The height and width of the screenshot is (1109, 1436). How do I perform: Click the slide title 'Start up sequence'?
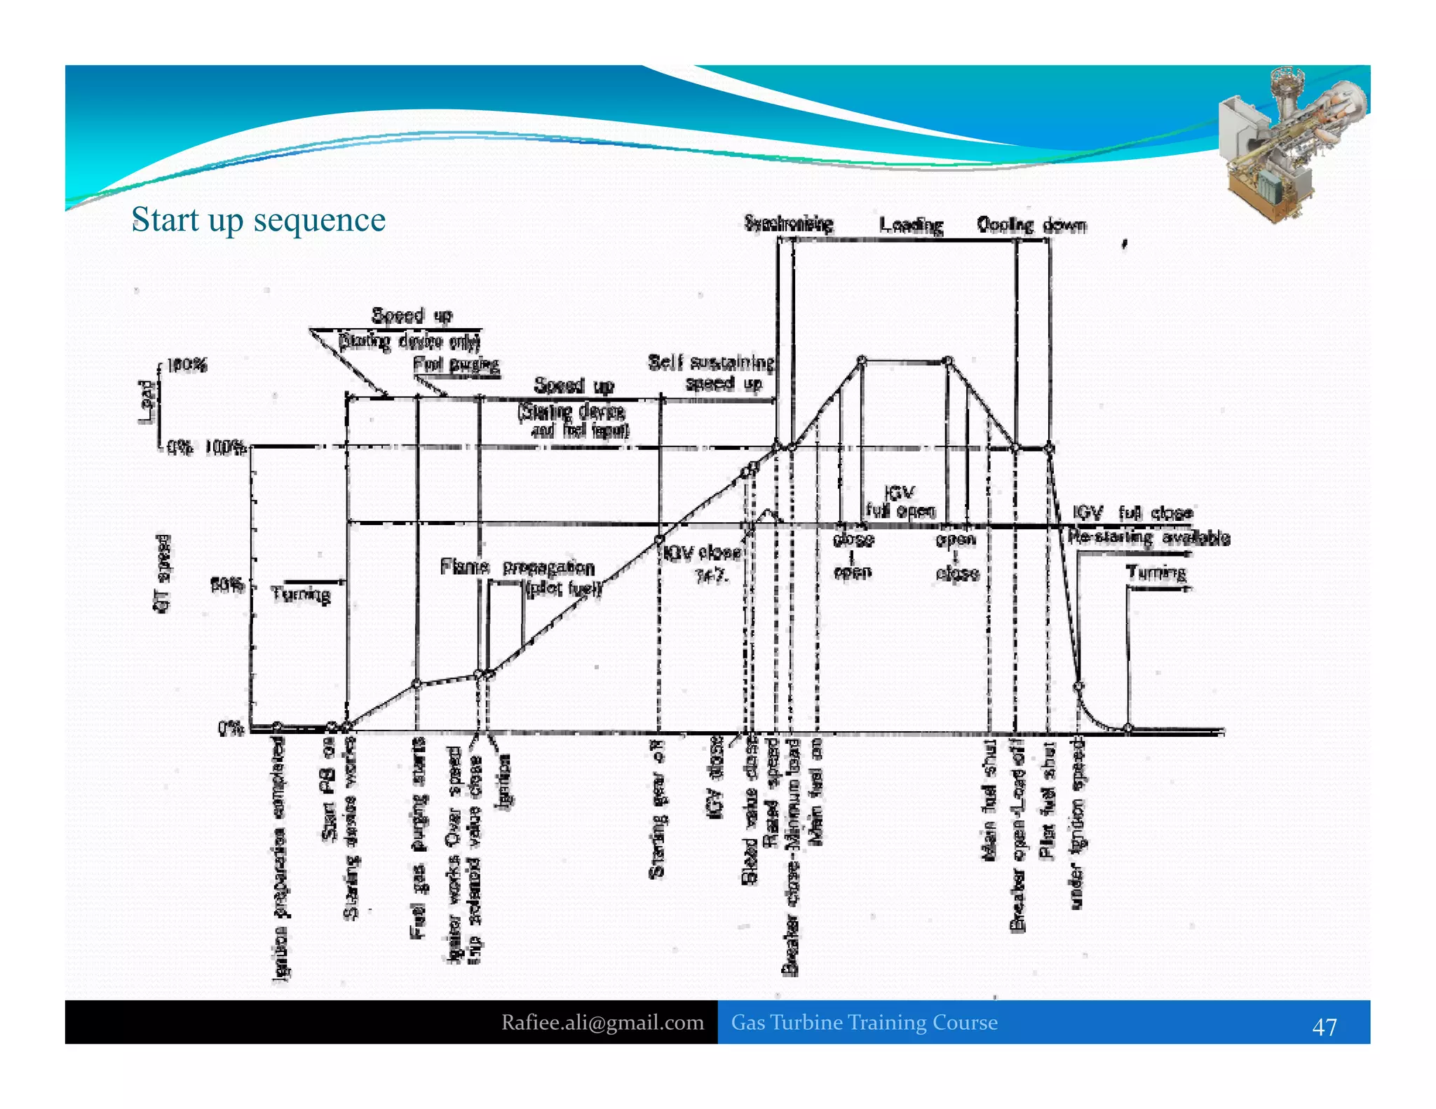[258, 219]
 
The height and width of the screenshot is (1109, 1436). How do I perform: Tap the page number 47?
[1324, 1027]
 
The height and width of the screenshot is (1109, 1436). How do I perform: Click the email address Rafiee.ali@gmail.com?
[602, 1022]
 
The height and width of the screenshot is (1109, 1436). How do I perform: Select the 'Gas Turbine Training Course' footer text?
[864, 1022]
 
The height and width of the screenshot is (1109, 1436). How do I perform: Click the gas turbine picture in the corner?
[1290, 144]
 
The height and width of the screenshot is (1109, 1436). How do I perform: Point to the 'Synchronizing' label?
[788, 224]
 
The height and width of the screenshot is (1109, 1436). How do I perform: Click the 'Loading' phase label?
[911, 225]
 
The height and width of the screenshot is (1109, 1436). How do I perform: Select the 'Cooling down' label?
[1031, 225]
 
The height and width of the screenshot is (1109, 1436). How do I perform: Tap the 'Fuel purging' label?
[456, 365]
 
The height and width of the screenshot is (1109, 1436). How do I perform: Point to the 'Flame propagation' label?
[517, 566]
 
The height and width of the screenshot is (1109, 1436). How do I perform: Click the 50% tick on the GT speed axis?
[228, 584]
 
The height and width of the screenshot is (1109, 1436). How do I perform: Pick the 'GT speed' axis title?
[162, 573]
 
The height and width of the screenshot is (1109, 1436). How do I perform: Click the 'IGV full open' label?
[900, 502]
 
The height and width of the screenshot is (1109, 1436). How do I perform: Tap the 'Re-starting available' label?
[1149, 538]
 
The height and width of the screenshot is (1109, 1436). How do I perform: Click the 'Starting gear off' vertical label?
[656, 808]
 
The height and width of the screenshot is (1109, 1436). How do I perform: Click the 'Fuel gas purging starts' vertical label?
[418, 838]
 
